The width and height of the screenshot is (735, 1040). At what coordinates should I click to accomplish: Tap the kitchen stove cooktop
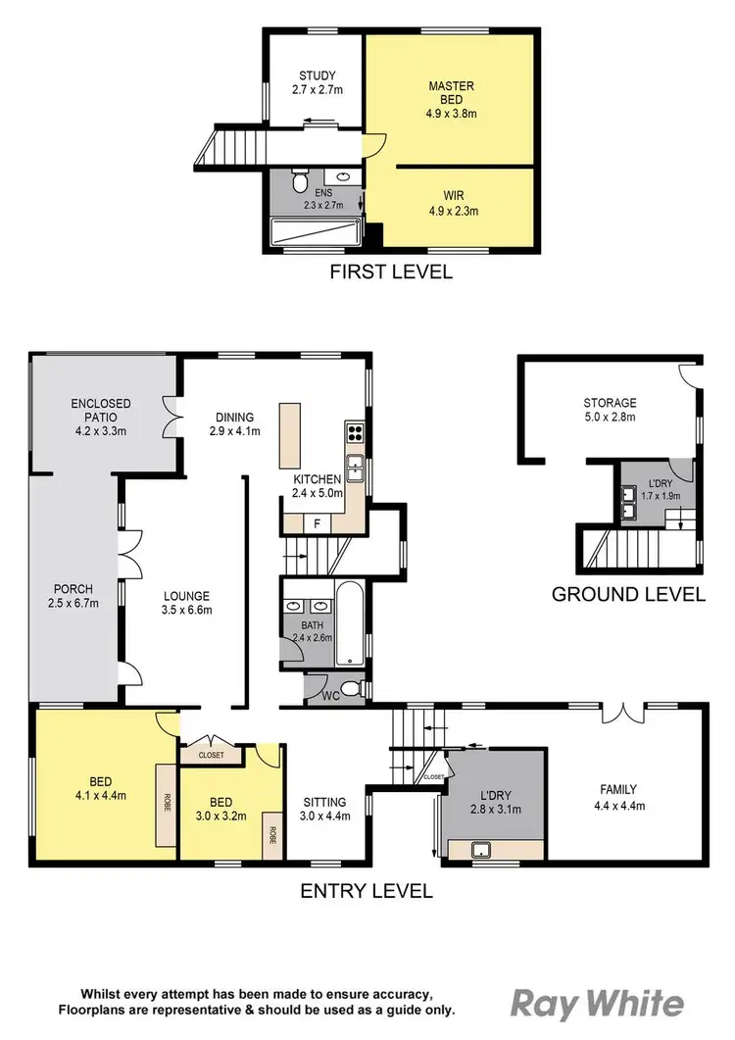tap(354, 433)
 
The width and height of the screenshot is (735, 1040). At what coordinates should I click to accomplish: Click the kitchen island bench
tap(290, 437)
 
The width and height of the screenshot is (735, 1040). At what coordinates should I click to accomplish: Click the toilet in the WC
tap(356, 689)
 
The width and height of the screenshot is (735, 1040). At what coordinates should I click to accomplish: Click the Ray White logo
tap(597, 1004)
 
